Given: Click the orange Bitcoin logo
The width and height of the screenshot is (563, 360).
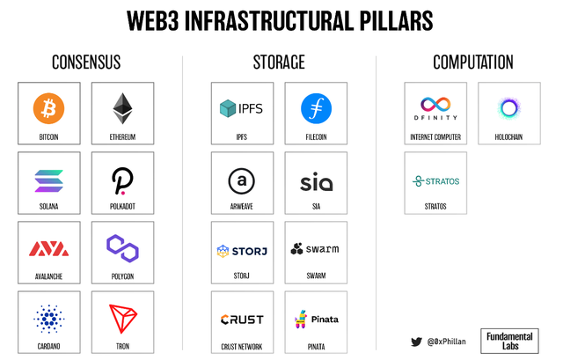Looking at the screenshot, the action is tap(48, 109).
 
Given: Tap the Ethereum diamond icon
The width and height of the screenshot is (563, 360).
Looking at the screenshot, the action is tap(123, 109).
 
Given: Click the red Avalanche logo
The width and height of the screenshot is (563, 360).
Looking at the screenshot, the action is tap(48, 248).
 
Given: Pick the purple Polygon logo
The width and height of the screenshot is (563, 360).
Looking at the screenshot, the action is tap(123, 248).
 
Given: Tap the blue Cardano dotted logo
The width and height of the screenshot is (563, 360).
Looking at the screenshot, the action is tap(48, 319).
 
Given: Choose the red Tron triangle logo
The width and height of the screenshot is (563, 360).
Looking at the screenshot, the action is tap(123, 319).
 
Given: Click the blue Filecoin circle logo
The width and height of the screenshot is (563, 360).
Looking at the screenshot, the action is tap(316, 109).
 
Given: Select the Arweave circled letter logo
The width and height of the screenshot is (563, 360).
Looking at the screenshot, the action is tap(242, 180).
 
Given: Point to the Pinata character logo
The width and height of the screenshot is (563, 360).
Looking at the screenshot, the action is tap(300, 320).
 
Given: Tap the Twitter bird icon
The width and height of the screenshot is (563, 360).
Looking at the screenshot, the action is tap(417, 341).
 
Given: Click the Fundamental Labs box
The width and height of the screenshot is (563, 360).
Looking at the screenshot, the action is tap(510, 340).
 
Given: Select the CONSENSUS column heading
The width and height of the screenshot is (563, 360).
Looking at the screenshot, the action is tap(86, 62).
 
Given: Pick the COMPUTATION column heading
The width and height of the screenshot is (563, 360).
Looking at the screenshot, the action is tap(472, 62).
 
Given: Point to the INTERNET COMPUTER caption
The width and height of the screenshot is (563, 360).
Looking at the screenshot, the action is tap(435, 137).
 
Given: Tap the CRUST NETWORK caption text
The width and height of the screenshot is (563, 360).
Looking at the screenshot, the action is tap(242, 347).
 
